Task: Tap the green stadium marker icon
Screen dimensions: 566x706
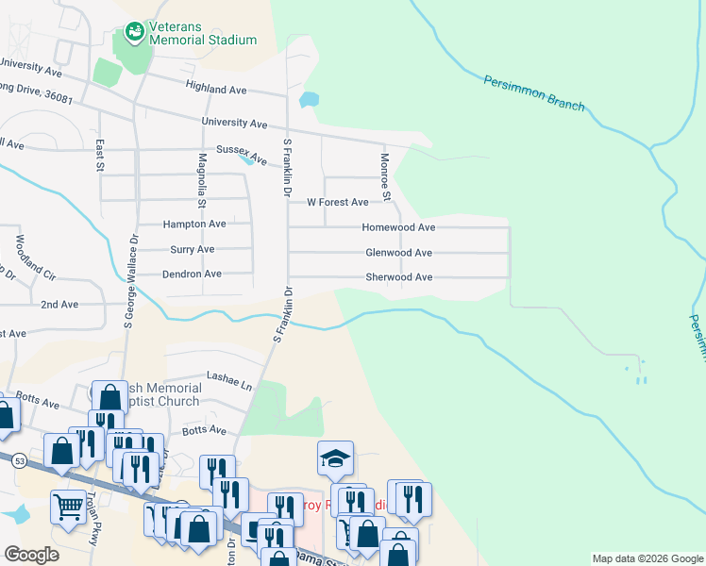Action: tap(134, 33)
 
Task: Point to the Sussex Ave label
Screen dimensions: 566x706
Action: tap(242, 152)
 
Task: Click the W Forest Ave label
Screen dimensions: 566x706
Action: tap(337, 202)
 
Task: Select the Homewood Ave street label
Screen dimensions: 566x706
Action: tap(398, 227)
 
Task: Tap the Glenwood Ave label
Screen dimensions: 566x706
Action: tap(398, 253)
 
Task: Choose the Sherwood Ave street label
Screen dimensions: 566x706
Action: tap(398, 277)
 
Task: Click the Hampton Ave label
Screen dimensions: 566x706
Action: tap(193, 225)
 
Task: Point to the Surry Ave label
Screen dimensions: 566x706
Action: tap(192, 249)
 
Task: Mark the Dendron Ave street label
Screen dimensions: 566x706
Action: tap(192, 274)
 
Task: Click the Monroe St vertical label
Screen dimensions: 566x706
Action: tap(385, 176)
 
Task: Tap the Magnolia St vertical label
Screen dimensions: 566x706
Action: tap(202, 181)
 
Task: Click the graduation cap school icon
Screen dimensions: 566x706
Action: tap(335, 458)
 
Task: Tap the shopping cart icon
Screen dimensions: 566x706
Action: tap(67, 507)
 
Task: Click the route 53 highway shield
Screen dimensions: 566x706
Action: tap(19, 459)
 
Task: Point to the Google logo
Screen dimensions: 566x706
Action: tap(31, 555)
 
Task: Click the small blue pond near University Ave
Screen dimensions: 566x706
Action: tap(309, 99)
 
